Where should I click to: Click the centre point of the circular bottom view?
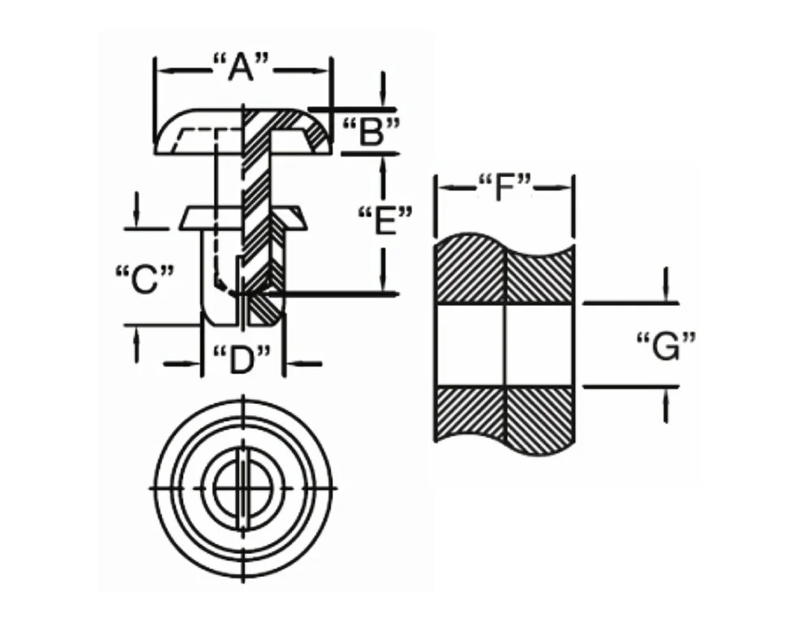tap(242, 488)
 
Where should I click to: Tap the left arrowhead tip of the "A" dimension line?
tap(156, 69)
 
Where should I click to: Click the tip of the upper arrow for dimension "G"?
tap(665, 303)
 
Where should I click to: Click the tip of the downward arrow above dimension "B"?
tap(383, 109)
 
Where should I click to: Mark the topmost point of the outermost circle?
tap(243, 399)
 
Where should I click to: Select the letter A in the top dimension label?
tap(241, 67)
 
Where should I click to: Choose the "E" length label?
tap(385, 221)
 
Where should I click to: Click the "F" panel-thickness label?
tap(504, 187)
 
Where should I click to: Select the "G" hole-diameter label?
tap(666, 346)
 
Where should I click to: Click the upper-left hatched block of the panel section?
tap(470, 269)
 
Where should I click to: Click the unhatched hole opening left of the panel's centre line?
tap(470, 345)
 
